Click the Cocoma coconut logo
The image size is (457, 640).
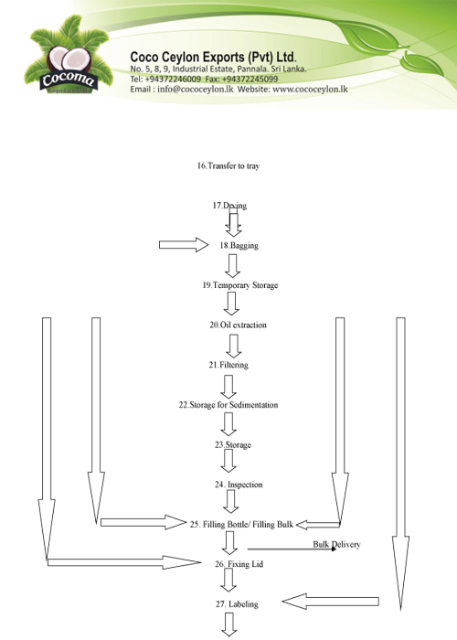[x=69, y=55]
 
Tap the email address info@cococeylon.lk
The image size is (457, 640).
[x=195, y=89]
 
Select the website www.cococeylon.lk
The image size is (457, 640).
[x=310, y=89]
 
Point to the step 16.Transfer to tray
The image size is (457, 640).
[x=228, y=165]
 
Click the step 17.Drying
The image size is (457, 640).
[x=229, y=206]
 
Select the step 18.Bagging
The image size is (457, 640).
[x=239, y=245]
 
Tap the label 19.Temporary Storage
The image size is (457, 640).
[x=240, y=285]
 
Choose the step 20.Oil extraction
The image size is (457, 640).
[x=238, y=325]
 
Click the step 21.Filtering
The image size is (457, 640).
[x=228, y=365]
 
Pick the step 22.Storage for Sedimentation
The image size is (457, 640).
[x=228, y=404]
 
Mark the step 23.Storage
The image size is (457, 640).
[x=233, y=444]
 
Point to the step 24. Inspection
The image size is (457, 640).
[x=239, y=485]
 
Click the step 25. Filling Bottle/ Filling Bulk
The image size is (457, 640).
[x=241, y=524]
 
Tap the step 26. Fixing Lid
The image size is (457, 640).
[x=239, y=564]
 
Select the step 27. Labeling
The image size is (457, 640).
[x=237, y=604]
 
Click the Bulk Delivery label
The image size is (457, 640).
[x=336, y=544]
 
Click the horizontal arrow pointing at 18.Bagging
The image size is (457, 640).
[x=184, y=244]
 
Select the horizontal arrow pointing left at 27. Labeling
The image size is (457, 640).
[x=331, y=602]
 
